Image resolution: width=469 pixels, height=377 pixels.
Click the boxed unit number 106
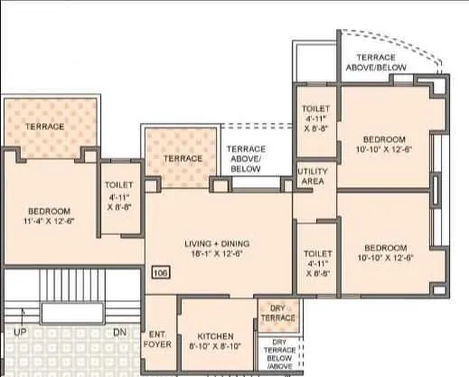(161, 271)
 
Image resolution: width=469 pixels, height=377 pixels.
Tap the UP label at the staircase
(20, 333)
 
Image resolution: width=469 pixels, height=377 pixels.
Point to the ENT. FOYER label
(158, 340)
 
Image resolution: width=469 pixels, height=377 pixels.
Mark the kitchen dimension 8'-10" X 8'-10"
(215, 347)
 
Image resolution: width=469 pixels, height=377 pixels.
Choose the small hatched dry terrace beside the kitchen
(277, 315)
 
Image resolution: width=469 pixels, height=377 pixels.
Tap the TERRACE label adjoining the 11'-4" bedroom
(44, 127)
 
